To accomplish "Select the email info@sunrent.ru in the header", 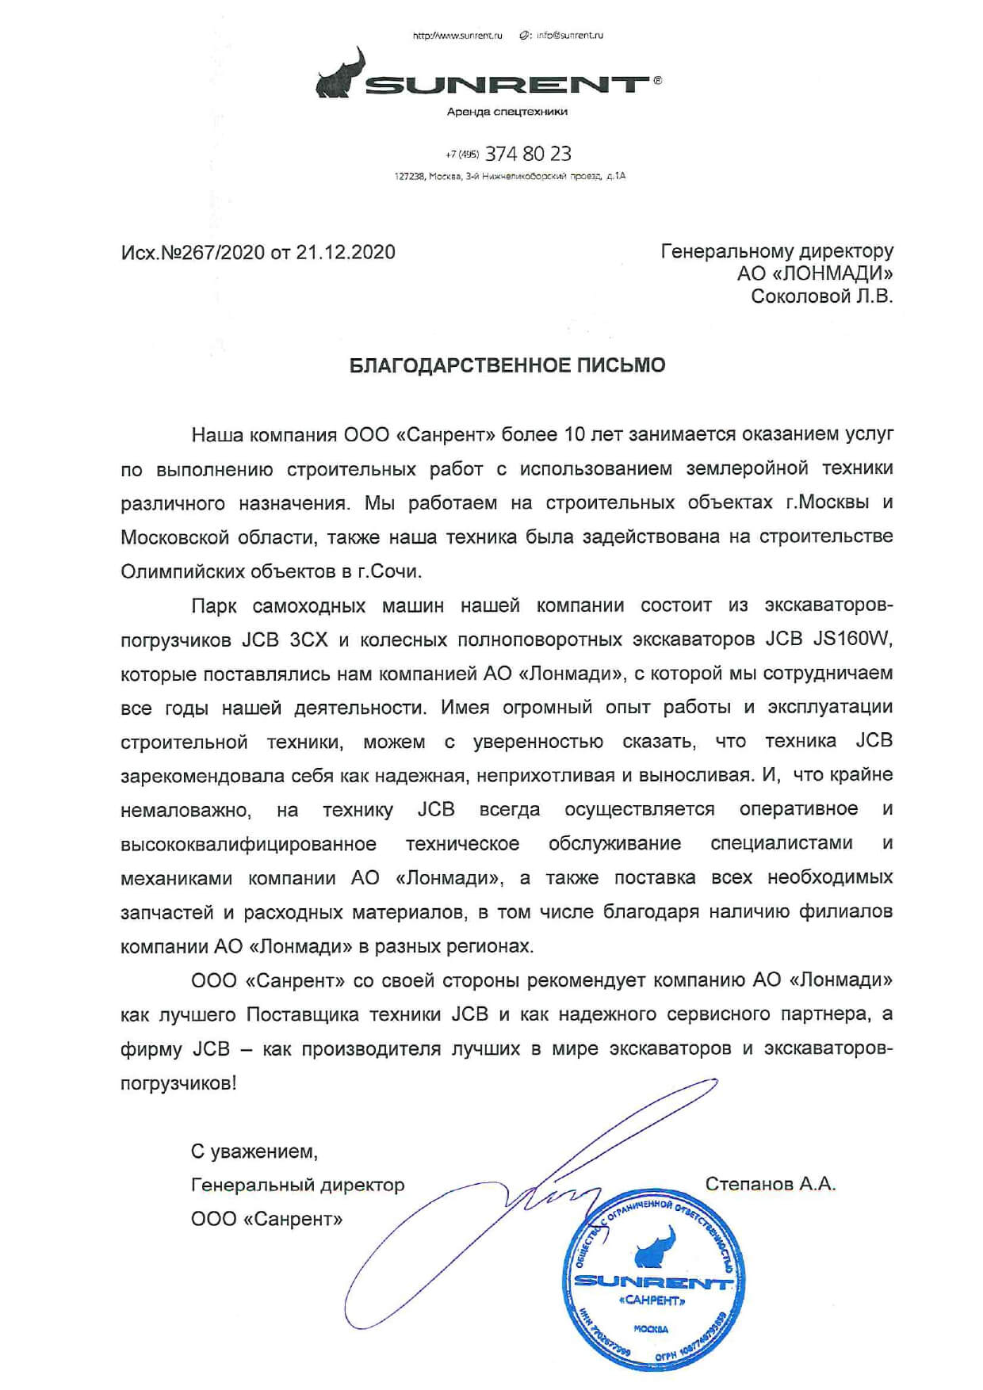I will click(x=568, y=36).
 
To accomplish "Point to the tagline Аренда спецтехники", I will click(x=507, y=112).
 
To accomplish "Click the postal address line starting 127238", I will click(x=510, y=176).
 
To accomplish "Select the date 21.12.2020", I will click(x=346, y=252).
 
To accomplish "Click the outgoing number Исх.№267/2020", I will click(x=193, y=252).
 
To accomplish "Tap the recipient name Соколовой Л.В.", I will click(x=822, y=296).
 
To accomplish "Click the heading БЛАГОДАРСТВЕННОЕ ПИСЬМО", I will click(x=508, y=365).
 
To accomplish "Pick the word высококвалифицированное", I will click(x=248, y=843).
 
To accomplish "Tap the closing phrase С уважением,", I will click(x=254, y=1151).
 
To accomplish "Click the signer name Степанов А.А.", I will click(x=770, y=1184).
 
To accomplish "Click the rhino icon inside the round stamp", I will click(x=655, y=1251).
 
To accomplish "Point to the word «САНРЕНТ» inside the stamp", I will click(x=651, y=1300).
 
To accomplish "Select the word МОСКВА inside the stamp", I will click(x=651, y=1328).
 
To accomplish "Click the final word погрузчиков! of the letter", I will click(x=178, y=1083).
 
